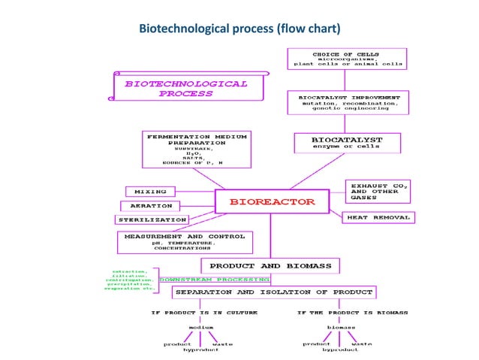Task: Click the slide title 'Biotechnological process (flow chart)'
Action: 239,29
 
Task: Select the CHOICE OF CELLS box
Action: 347,59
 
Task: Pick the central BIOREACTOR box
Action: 272,202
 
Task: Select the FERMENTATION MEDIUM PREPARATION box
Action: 196,150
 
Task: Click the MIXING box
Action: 150,192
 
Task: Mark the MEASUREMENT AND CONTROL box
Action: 185,241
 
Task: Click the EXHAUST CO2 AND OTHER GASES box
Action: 380,191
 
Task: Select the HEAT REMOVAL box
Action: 378,217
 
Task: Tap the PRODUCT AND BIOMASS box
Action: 270,265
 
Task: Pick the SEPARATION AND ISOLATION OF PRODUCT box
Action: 273,292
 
